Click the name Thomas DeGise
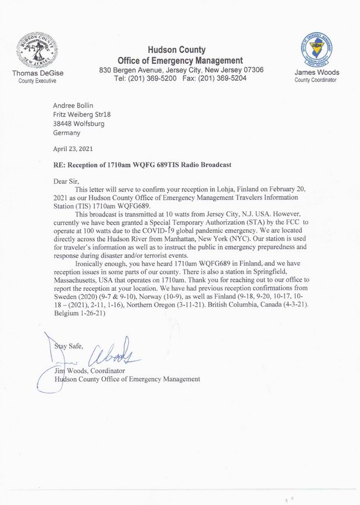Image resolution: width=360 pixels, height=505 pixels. point(37,73)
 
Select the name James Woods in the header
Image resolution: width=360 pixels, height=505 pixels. point(316,73)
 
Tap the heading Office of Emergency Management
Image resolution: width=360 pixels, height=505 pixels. point(180,60)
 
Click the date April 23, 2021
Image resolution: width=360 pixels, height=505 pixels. point(73,149)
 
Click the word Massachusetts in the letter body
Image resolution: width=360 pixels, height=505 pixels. point(77,280)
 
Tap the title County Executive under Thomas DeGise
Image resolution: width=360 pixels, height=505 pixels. point(37,81)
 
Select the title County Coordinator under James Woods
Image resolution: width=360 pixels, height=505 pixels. point(316,81)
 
